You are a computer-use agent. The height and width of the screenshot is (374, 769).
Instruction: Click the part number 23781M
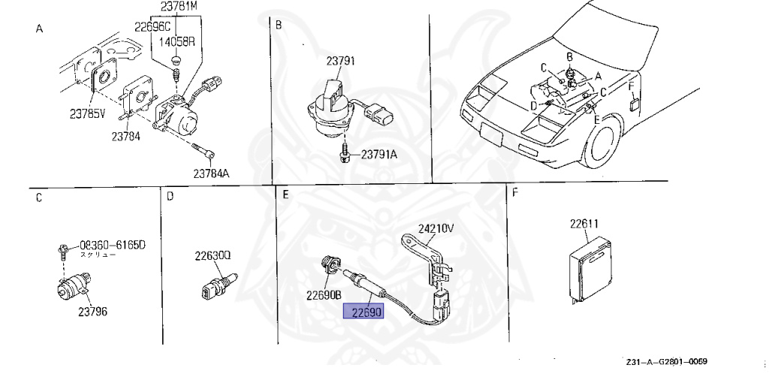178,8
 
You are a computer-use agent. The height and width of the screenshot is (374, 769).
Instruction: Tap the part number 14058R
176,41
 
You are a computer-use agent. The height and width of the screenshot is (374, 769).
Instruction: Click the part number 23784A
211,173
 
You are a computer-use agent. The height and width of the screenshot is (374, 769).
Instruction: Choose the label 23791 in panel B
340,61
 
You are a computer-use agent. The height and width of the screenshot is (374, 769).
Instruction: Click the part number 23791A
379,155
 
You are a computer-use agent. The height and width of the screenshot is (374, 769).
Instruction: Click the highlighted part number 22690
363,312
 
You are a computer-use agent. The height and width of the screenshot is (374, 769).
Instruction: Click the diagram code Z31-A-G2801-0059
667,360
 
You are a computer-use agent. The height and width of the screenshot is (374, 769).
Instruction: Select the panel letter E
285,195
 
